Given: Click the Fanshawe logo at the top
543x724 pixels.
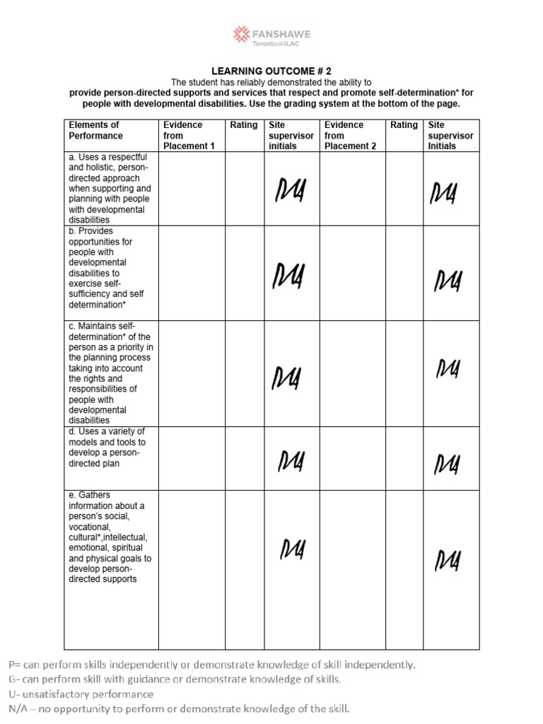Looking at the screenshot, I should [x=272, y=36].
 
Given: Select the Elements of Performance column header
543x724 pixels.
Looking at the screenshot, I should [x=95, y=130].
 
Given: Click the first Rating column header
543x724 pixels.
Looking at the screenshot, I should [x=244, y=125].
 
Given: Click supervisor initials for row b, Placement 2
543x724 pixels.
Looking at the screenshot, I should [x=448, y=281].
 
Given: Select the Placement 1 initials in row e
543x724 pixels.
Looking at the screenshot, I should [x=293, y=549].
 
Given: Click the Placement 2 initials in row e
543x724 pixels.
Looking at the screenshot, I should [x=448, y=561].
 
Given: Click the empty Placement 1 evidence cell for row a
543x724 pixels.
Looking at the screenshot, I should [x=191, y=189].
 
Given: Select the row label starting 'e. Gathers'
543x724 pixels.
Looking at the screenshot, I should [x=110, y=537].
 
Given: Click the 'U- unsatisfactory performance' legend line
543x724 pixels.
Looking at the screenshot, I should [x=81, y=694].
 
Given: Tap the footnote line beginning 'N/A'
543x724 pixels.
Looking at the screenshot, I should [x=179, y=708].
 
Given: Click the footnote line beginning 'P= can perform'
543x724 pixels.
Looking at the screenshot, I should [x=211, y=665].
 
